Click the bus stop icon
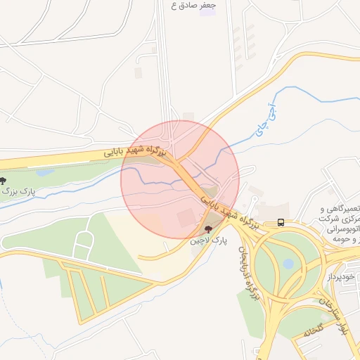tap(281, 223)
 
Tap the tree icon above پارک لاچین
tap(208, 229)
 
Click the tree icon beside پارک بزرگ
tap(3, 181)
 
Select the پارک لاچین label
tap(209, 241)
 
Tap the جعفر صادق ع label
tap(193, 5)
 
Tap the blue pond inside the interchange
tap(288, 264)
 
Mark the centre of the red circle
tap(180, 180)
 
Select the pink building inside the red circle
tap(187, 217)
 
